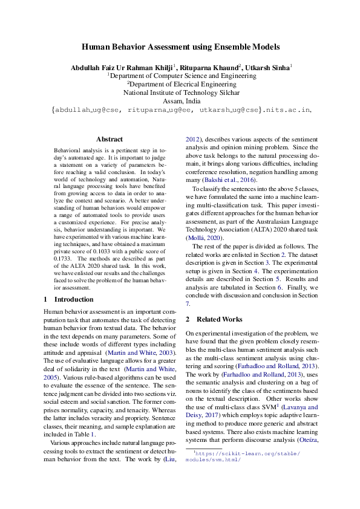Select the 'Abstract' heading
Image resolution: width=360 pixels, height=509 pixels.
click(109, 139)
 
